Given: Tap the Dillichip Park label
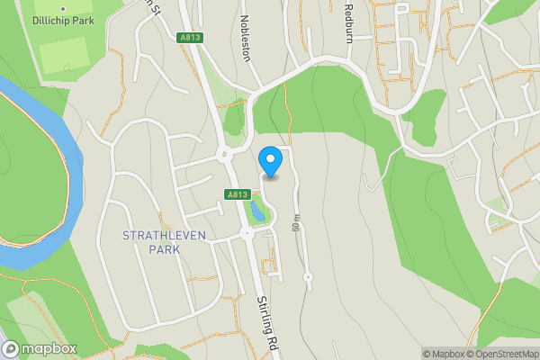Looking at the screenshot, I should (x=63, y=19).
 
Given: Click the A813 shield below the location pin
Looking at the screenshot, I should (x=237, y=193).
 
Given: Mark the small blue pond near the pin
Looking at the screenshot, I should (x=257, y=211).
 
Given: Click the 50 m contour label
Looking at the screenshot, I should (x=295, y=224).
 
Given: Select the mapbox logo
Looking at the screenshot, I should (x=40, y=348).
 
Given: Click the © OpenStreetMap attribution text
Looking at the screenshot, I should (x=502, y=354).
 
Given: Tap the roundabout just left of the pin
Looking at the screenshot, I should (x=225, y=154).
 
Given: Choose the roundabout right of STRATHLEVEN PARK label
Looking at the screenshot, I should (x=246, y=234).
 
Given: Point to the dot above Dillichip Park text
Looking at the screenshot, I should (x=63, y=8).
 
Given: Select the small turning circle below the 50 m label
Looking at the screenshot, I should (x=308, y=277).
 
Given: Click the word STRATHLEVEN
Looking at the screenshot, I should (x=164, y=235).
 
